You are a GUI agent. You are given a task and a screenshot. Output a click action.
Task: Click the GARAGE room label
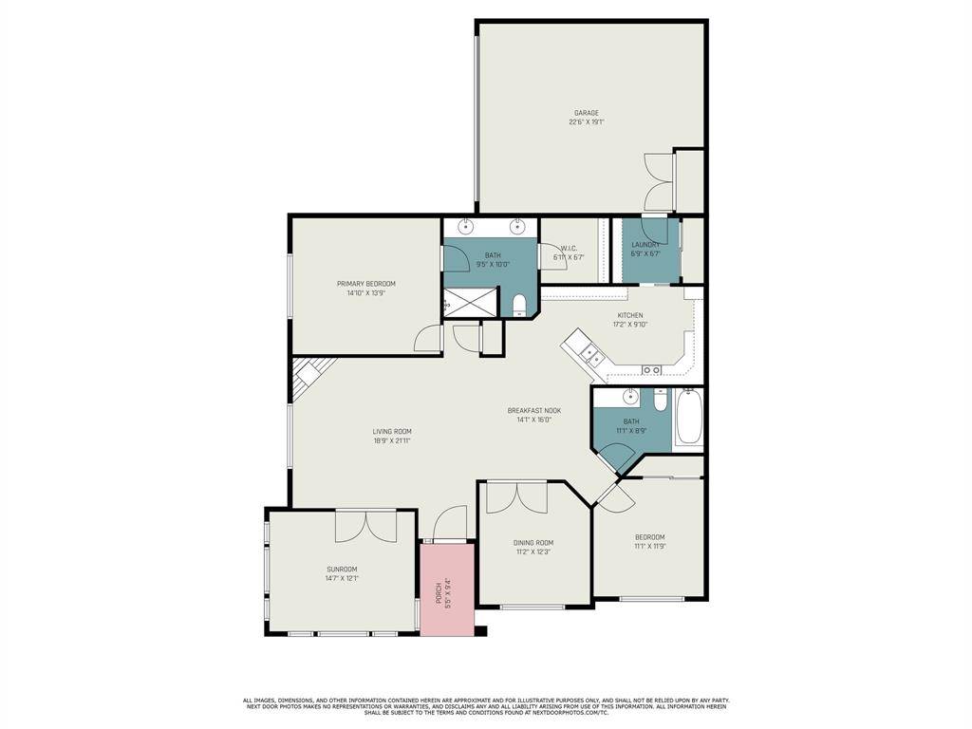(x=586, y=113)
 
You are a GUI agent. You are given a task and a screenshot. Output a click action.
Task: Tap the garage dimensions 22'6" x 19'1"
(x=586, y=122)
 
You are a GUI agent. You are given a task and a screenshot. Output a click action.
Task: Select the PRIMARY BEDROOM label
(x=366, y=284)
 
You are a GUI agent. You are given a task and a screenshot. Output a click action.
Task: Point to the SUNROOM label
(x=342, y=570)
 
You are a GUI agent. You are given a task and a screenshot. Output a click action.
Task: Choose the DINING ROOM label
(x=533, y=543)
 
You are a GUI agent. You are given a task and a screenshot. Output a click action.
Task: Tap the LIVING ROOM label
(x=391, y=431)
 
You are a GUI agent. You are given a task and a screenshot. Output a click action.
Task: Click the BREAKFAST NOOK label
(x=533, y=411)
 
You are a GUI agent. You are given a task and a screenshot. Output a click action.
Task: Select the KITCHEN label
(x=630, y=315)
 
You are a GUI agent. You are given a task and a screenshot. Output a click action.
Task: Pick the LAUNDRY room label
(x=645, y=245)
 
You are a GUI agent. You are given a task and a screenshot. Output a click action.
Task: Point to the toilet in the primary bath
(x=518, y=306)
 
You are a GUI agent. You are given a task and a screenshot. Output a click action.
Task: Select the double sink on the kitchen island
(x=591, y=355)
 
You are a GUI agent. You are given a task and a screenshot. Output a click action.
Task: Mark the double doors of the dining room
(x=517, y=498)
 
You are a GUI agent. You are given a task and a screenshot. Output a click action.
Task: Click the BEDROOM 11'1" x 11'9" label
(x=649, y=537)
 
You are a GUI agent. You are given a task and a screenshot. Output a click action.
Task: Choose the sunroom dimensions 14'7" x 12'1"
(x=342, y=578)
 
